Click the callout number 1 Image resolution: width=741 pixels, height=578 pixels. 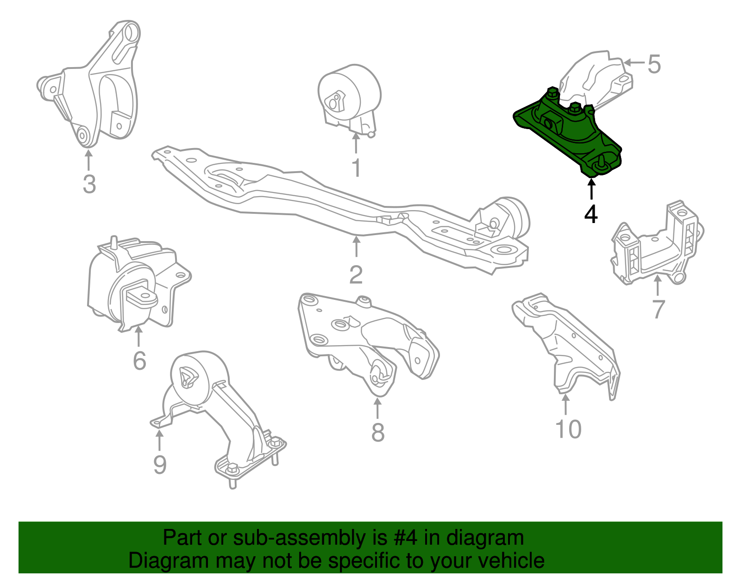[x=356, y=168]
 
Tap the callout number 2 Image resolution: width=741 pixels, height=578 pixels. [x=356, y=274]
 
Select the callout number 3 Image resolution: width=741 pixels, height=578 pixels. [x=89, y=184]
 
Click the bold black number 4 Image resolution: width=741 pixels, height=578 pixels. [x=590, y=214]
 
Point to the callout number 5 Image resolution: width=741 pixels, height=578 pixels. [x=654, y=64]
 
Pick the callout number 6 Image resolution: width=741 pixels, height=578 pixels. [x=139, y=360]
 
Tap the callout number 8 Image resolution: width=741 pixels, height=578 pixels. [x=378, y=433]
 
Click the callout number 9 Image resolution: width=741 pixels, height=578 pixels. [x=160, y=465]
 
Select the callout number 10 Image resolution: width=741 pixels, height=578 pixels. [x=568, y=429]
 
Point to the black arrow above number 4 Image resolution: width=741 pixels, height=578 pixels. [x=591, y=189]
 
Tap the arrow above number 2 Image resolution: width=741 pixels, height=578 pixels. [x=356, y=247]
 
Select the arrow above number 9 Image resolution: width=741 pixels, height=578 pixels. [x=159, y=440]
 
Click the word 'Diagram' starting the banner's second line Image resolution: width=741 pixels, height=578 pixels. [x=169, y=560]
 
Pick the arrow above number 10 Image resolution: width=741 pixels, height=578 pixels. [x=565, y=404]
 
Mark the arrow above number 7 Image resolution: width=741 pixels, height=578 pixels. [x=657, y=286]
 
